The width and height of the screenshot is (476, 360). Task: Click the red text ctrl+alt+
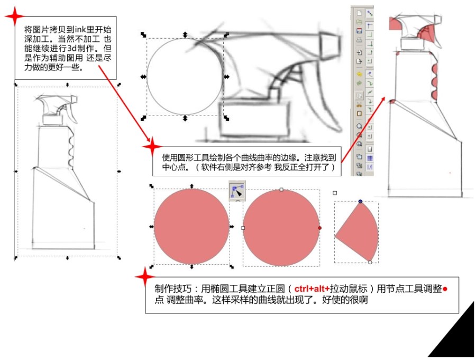pyautogui.click(x=312, y=289)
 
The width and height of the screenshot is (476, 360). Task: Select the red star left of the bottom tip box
pyautogui.click(x=145, y=277)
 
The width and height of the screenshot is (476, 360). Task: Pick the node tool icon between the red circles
pyautogui.click(x=237, y=191)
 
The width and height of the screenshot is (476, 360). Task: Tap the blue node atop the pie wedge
pyautogui.click(x=360, y=201)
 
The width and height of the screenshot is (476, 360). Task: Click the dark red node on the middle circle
pyautogui.click(x=319, y=228)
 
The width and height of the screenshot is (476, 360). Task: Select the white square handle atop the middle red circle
pyautogui.click(x=281, y=190)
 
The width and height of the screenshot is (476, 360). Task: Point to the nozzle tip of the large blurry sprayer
pyautogui.click(x=331, y=45)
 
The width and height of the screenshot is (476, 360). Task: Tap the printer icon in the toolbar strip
pyautogui.click(x=359, y=40)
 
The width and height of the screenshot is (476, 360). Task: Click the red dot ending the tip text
pyautogui.click(x=445, y=289)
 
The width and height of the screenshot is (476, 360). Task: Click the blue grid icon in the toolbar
pyautogui.click(x=370, y=158)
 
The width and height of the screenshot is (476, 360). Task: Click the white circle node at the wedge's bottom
pyautogui.click(x=370, y=262)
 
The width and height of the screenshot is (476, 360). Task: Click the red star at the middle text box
pyautogui.click(x=152, y=147)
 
